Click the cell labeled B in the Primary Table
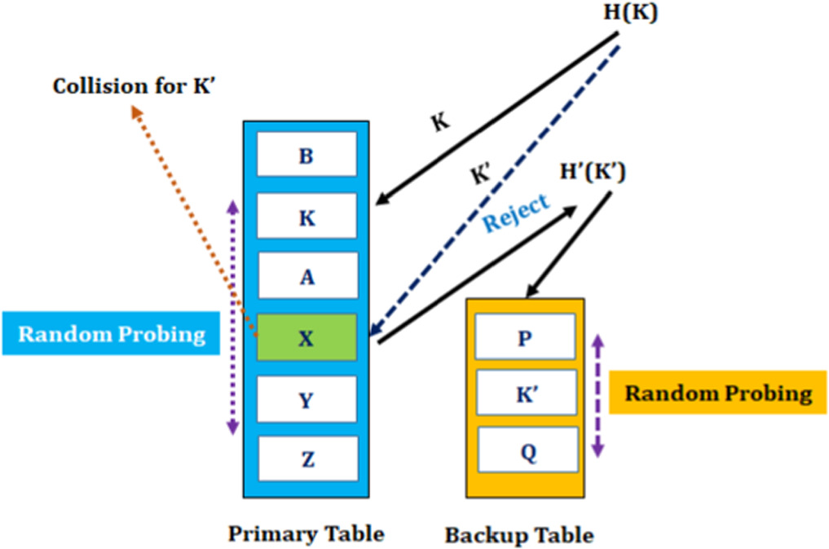[x=306, y=155]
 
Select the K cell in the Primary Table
[x=306, y=217]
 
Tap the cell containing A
[x=306, y=276]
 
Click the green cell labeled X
[x=306, y=337]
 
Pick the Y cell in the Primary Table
[x=306, y=399]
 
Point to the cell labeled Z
[x=306, y=459]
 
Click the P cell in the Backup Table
[x=525, y=336]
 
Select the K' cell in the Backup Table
[x=525, y=394]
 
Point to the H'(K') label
[x=593, y=173]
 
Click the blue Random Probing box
[x=111, y=334]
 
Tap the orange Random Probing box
[x=717, y=393]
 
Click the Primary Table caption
[x=306, y=534]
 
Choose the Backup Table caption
[x=518, y=535]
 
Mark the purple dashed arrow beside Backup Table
[x=597, y=394]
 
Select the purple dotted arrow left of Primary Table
[x=233, y=318]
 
